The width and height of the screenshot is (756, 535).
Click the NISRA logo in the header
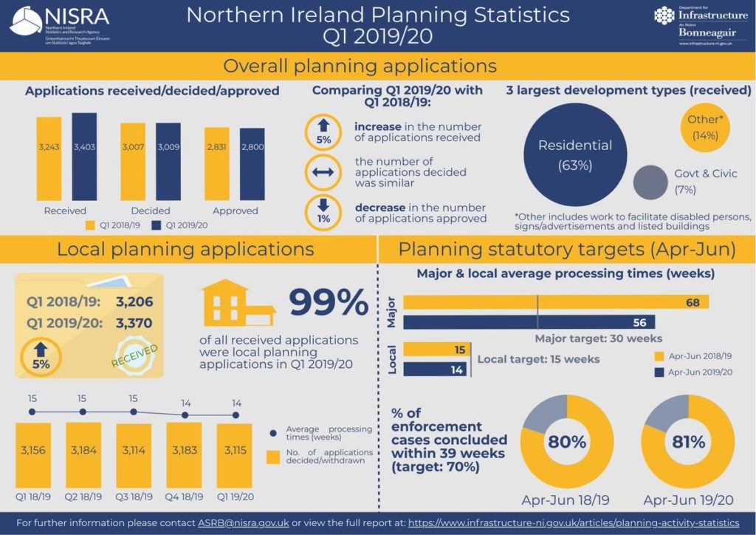pos(59,27)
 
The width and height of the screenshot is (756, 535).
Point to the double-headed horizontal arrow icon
pos(323,171)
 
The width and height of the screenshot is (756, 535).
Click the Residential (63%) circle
pos(574,154)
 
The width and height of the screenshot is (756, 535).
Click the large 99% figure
pos(329,303)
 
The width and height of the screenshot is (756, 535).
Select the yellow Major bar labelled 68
pos(555,302)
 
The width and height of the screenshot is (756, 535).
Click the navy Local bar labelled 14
pos(435,369)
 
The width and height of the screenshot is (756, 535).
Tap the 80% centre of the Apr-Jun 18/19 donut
pos(567,442)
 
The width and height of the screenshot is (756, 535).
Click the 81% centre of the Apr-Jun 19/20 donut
pos(687,442)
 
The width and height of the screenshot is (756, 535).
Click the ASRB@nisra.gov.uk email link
pos(243,523)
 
